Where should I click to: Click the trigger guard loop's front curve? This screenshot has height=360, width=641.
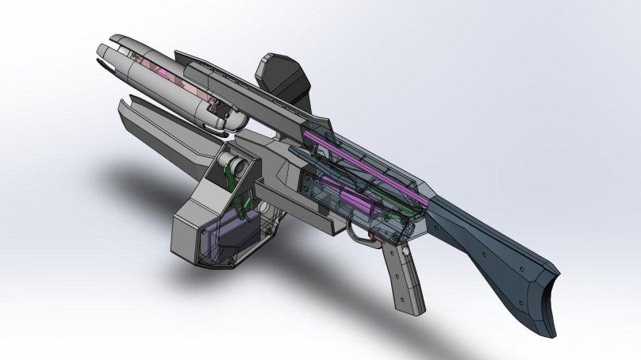[x=351, y=231]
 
